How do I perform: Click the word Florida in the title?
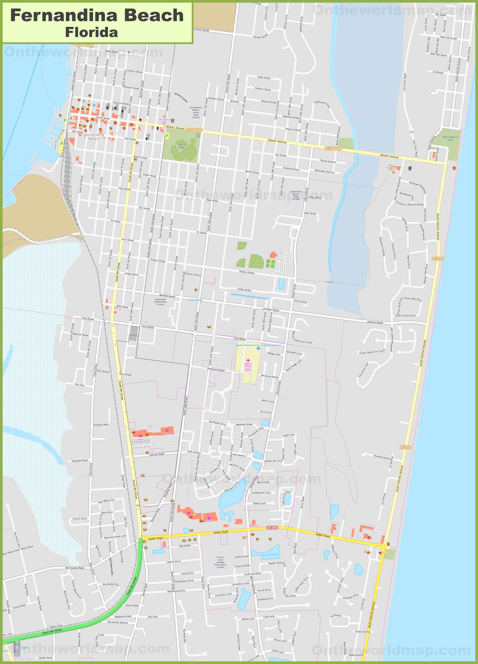(91, 32)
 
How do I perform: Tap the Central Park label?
(182, 146)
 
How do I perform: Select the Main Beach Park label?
(450, 139)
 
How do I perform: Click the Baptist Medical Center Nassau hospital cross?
(248, 360)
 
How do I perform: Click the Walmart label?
(167, 434)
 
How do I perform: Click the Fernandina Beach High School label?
(296, 195)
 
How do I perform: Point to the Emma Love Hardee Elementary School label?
(220, 562)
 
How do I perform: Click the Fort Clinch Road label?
(405, 82)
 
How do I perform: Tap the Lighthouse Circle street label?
(322, 104)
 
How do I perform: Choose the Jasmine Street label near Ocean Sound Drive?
(375, 322)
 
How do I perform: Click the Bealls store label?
(209, 521)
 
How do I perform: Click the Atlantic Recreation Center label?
(391, 168)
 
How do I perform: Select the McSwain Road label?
(101, 425)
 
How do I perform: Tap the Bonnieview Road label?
(75, 568)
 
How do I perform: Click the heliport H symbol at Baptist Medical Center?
(258, 348)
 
